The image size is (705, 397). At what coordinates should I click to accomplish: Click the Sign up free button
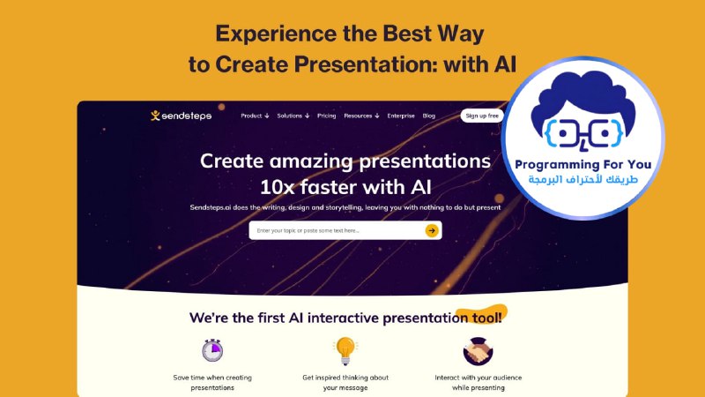[x=482, y=116]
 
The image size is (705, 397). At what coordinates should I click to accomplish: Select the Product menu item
[x=255, y=116]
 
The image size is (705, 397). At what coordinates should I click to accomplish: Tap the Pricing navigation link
[x=326, y=116]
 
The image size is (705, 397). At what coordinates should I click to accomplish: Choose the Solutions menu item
[x=293, y=116]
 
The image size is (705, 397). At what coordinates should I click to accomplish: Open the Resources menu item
[x=361, y=116]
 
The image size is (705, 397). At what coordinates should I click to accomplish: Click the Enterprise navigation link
[x=401, y=116]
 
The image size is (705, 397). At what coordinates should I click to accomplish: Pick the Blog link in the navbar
[x=429, y=116]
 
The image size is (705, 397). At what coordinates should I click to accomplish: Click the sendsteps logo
[x=181, y=116]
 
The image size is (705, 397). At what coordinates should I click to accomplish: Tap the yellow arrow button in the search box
[x=432, y=230]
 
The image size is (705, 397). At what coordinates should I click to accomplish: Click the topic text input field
[x=338, y=230]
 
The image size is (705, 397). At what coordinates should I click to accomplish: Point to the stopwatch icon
[x=212, y=350]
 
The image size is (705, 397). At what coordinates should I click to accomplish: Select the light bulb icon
[x=345, y=350]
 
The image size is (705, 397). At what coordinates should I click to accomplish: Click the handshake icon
[x=478, y=351]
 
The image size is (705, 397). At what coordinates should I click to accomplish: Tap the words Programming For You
[x=583, y=165]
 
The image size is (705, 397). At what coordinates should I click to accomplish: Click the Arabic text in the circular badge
[x=583, y=180]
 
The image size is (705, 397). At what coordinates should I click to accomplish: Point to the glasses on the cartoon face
[x=583, y=134]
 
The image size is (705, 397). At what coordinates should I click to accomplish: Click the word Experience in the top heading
[x=276, y=34]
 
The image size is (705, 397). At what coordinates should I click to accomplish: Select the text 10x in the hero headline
[x=277, y=187]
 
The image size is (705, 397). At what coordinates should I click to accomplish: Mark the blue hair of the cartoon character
[x=583, y=97]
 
